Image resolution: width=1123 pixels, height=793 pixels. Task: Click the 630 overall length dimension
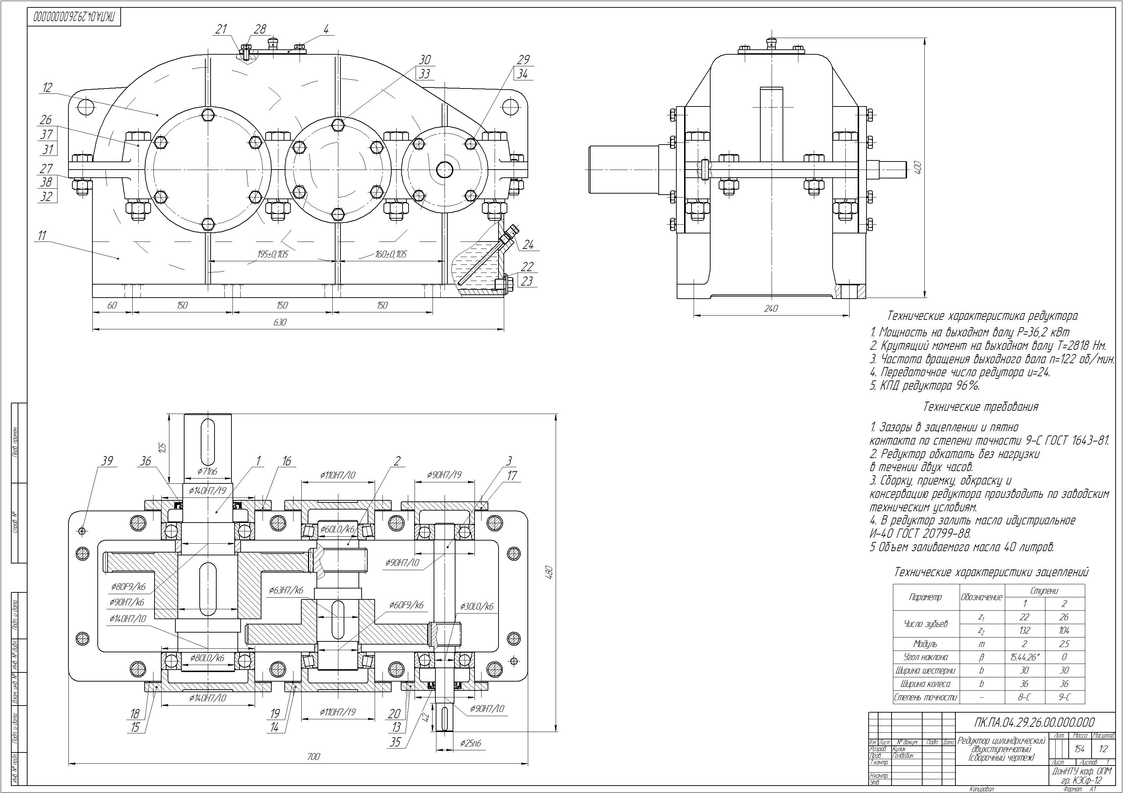pos(280,323)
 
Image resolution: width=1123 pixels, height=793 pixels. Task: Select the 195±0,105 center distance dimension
pos(273,254)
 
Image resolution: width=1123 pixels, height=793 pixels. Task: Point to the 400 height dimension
pos(918,168)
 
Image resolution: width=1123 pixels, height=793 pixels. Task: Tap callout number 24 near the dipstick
pos(528,244)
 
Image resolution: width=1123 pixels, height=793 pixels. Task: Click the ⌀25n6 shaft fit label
pos(471,743)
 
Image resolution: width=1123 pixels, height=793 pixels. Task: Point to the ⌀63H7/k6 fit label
pos(286,590)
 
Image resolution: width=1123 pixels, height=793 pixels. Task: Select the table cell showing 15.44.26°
pos(1024,657)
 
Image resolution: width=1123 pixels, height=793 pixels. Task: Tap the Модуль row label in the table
pos(925,644)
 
